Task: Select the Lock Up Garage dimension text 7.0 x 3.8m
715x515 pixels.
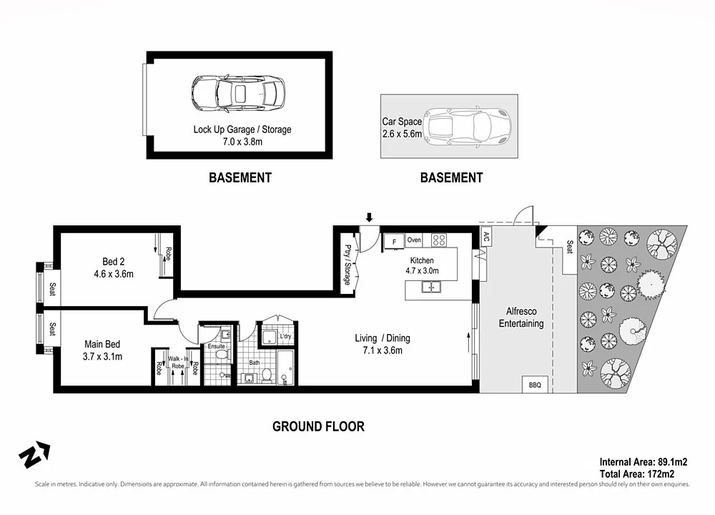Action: point(242,142)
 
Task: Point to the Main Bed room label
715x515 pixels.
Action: point(102,350)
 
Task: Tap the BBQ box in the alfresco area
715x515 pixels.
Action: point(535,385)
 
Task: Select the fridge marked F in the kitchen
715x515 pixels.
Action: point(393,242)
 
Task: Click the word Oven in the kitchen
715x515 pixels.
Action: point(414,240)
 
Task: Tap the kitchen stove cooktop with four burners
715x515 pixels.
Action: point(439,240)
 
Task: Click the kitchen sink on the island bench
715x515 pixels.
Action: point(431,288)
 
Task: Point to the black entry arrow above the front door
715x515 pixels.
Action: point(369,217)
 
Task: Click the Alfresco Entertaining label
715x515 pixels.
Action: point(521,318)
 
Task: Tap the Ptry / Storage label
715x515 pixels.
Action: point(347,265)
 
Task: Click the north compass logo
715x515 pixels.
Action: point(34,455)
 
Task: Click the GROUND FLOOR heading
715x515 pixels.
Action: point(318,426)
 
